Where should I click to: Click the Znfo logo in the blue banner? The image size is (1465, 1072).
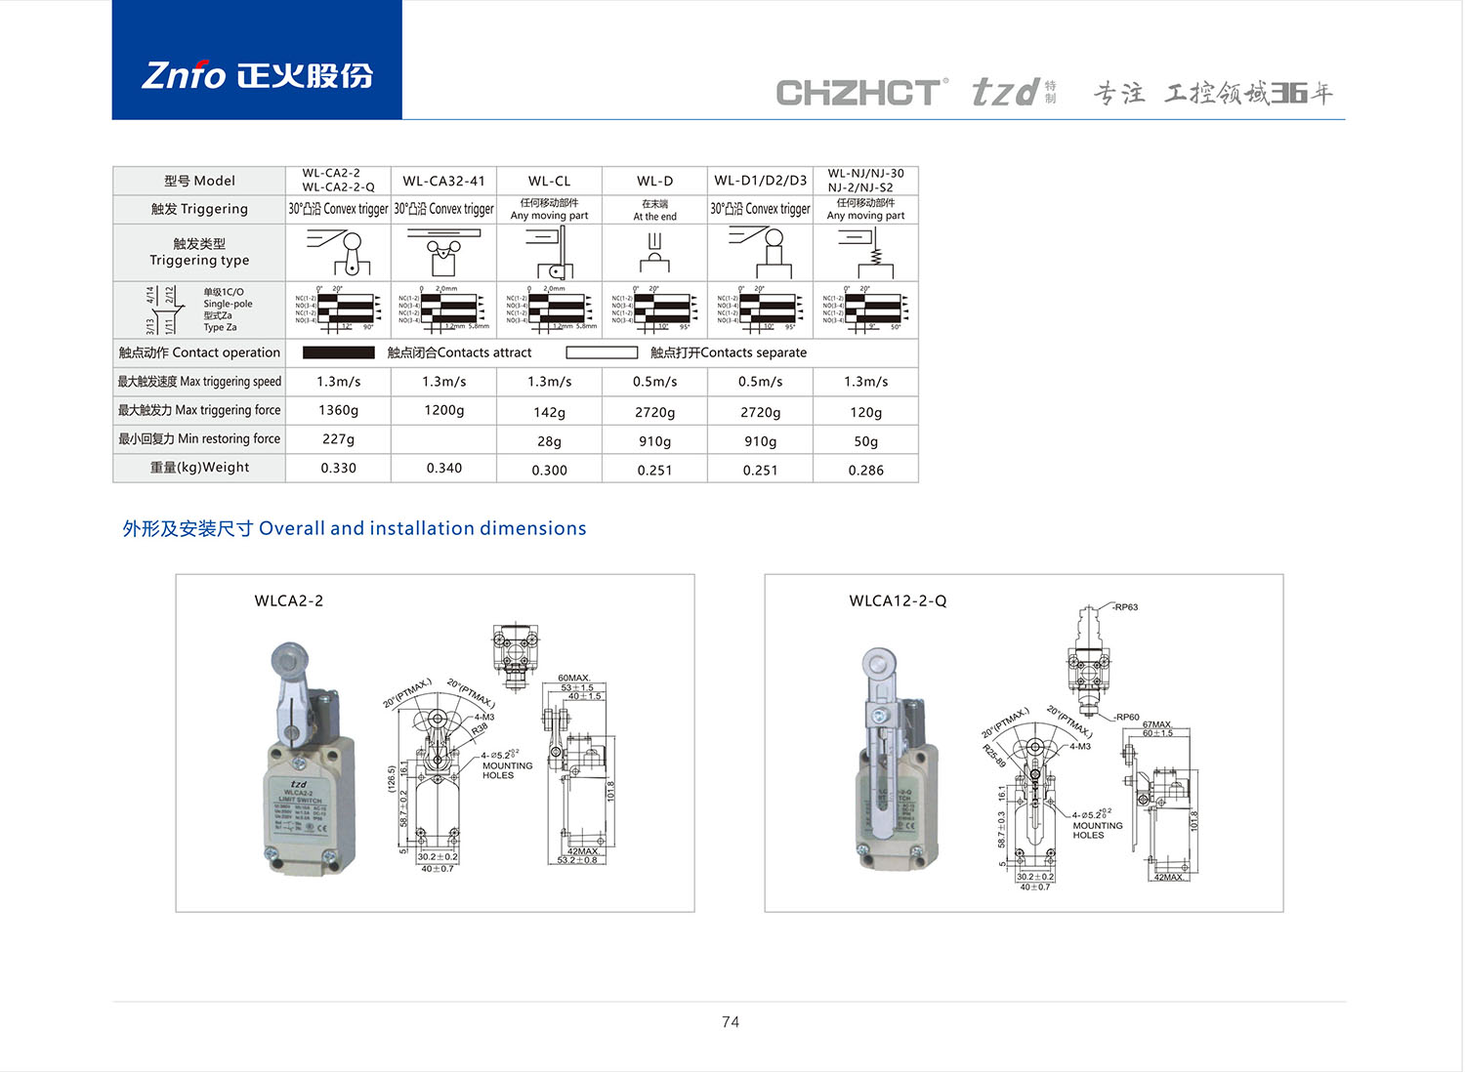coord(257,75)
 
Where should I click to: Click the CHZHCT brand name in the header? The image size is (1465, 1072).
coord(859,93)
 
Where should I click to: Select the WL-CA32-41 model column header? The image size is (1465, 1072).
coord(443,181)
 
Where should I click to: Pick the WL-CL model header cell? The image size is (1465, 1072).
coord(549,181)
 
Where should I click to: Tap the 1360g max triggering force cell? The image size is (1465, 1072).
coord(338,410)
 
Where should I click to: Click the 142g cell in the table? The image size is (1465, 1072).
coord(549,412)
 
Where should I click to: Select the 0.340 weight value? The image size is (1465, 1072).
coord(443,468)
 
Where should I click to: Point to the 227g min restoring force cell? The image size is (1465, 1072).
coord(338,439)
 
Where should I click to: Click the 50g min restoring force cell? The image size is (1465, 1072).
coord(865,441)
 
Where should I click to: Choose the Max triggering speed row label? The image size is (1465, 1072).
coord(199,382)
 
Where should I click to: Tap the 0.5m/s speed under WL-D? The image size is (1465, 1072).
coord(654,382)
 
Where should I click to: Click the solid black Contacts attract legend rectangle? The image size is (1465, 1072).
coord(339,352)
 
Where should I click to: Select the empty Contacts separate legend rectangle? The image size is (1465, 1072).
coord(602,352)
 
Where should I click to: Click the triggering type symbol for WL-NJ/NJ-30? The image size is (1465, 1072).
coord(865,253)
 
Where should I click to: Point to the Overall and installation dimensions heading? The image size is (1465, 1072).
coord(354,528)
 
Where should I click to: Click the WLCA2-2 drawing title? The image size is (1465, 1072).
coord(288,600)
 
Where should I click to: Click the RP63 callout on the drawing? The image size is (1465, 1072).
coord(1126,607)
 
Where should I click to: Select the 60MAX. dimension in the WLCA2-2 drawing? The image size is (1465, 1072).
coord(574,678)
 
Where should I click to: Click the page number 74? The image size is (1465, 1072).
coord(731,1022)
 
